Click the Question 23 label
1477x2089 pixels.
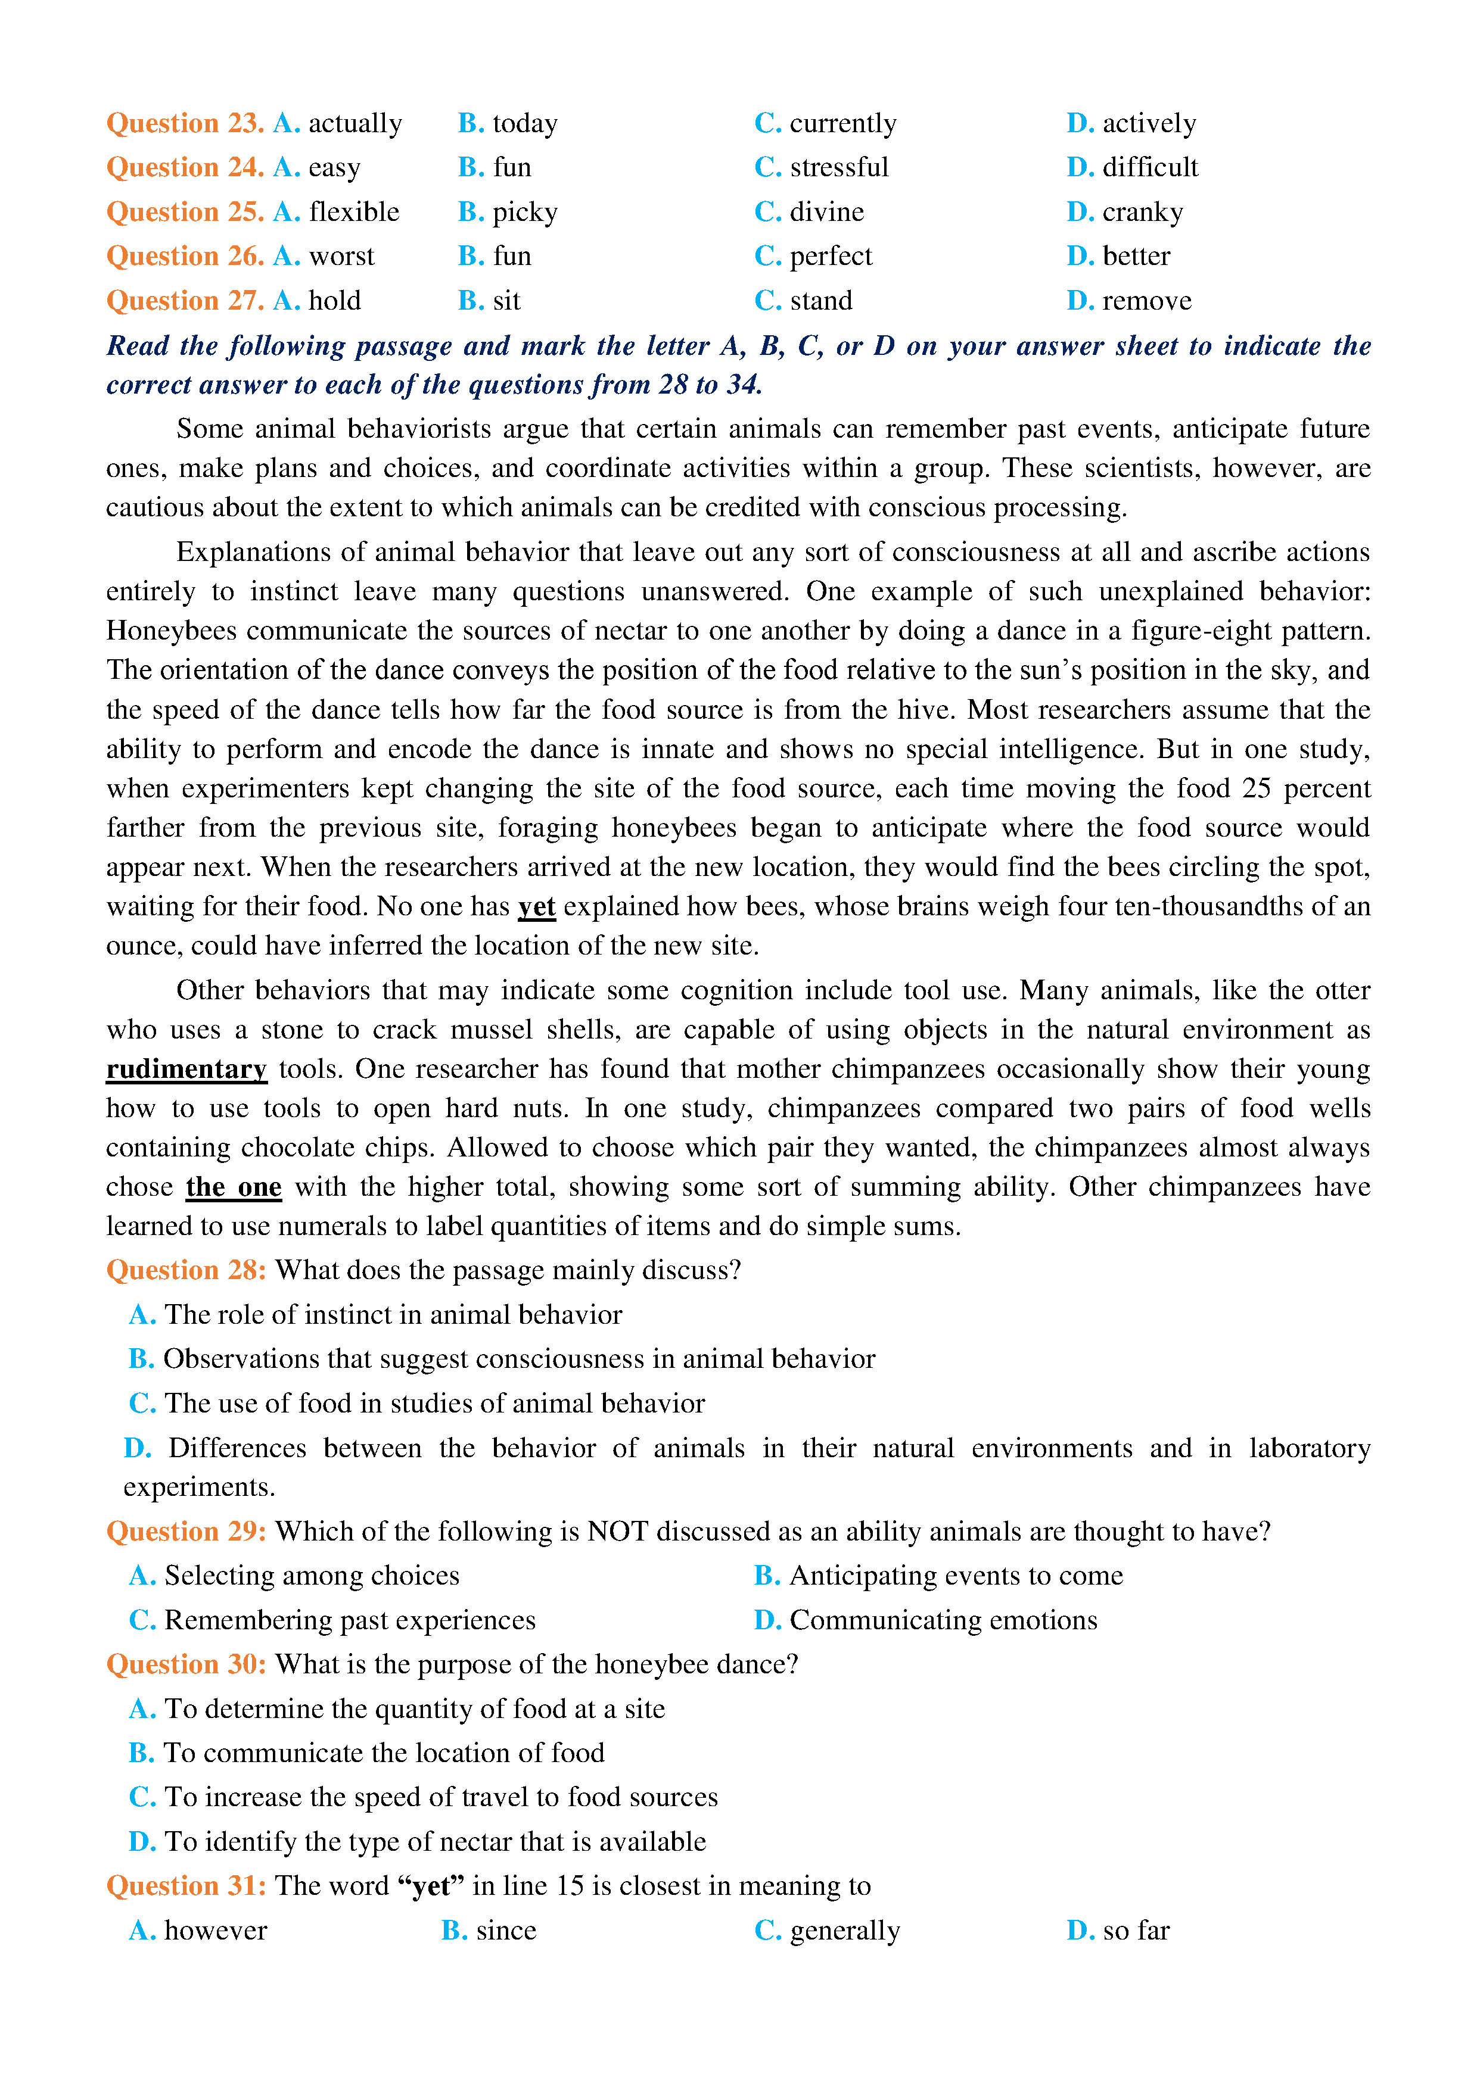tap(185, 123)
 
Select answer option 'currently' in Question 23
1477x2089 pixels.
tap(842, 123)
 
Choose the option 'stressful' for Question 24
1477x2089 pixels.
tap(838, 167)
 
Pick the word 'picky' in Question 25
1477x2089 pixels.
tap(524, 212)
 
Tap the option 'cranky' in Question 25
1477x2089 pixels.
tap(1142, 212)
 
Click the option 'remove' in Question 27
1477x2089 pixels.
tap(1146, 301)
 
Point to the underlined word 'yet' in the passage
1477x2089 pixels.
tap(536, 906)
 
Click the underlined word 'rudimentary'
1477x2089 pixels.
tap(186, 1069)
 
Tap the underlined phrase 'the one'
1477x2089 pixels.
tap(234, 1187)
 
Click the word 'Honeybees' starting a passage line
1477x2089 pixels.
tap(171, 631)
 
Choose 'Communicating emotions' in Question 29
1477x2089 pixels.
tap(943, 1620)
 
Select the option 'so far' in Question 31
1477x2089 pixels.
tap(1135, 1931)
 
